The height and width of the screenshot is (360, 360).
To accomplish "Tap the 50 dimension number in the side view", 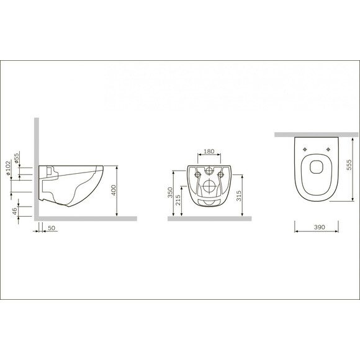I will pyautogui.click(x=52, y=229).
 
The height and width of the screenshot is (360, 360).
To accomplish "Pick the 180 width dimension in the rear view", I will pyautogui.click(x=209, y=151).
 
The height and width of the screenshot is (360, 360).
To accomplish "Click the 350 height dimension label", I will pyautogui.click(x=171, y=194).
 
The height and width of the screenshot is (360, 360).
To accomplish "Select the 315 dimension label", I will pyautogui.click(x=239, y=197).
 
